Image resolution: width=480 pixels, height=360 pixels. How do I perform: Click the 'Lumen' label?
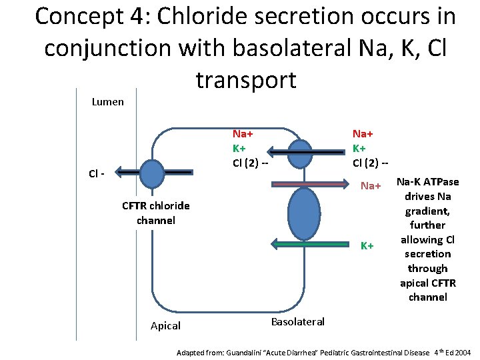click(107, 102)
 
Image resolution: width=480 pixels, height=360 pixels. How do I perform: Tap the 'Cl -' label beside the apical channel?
click(97, 173)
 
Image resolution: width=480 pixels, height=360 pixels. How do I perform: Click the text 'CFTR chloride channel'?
click(155, 213)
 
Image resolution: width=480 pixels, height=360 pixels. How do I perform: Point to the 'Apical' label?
click(165, 325)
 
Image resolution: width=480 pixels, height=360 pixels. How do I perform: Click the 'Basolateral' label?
click(297, 321)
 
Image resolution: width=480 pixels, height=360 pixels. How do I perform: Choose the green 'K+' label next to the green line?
click(367, 246)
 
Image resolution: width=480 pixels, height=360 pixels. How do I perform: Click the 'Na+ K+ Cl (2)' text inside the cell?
click(249, 147)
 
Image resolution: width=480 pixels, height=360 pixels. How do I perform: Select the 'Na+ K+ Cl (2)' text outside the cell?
click(371, 147)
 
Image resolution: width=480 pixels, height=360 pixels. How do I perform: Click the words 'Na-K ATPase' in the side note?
click(427, 182)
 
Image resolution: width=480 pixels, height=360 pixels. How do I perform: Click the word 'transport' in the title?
click(246, 79)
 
